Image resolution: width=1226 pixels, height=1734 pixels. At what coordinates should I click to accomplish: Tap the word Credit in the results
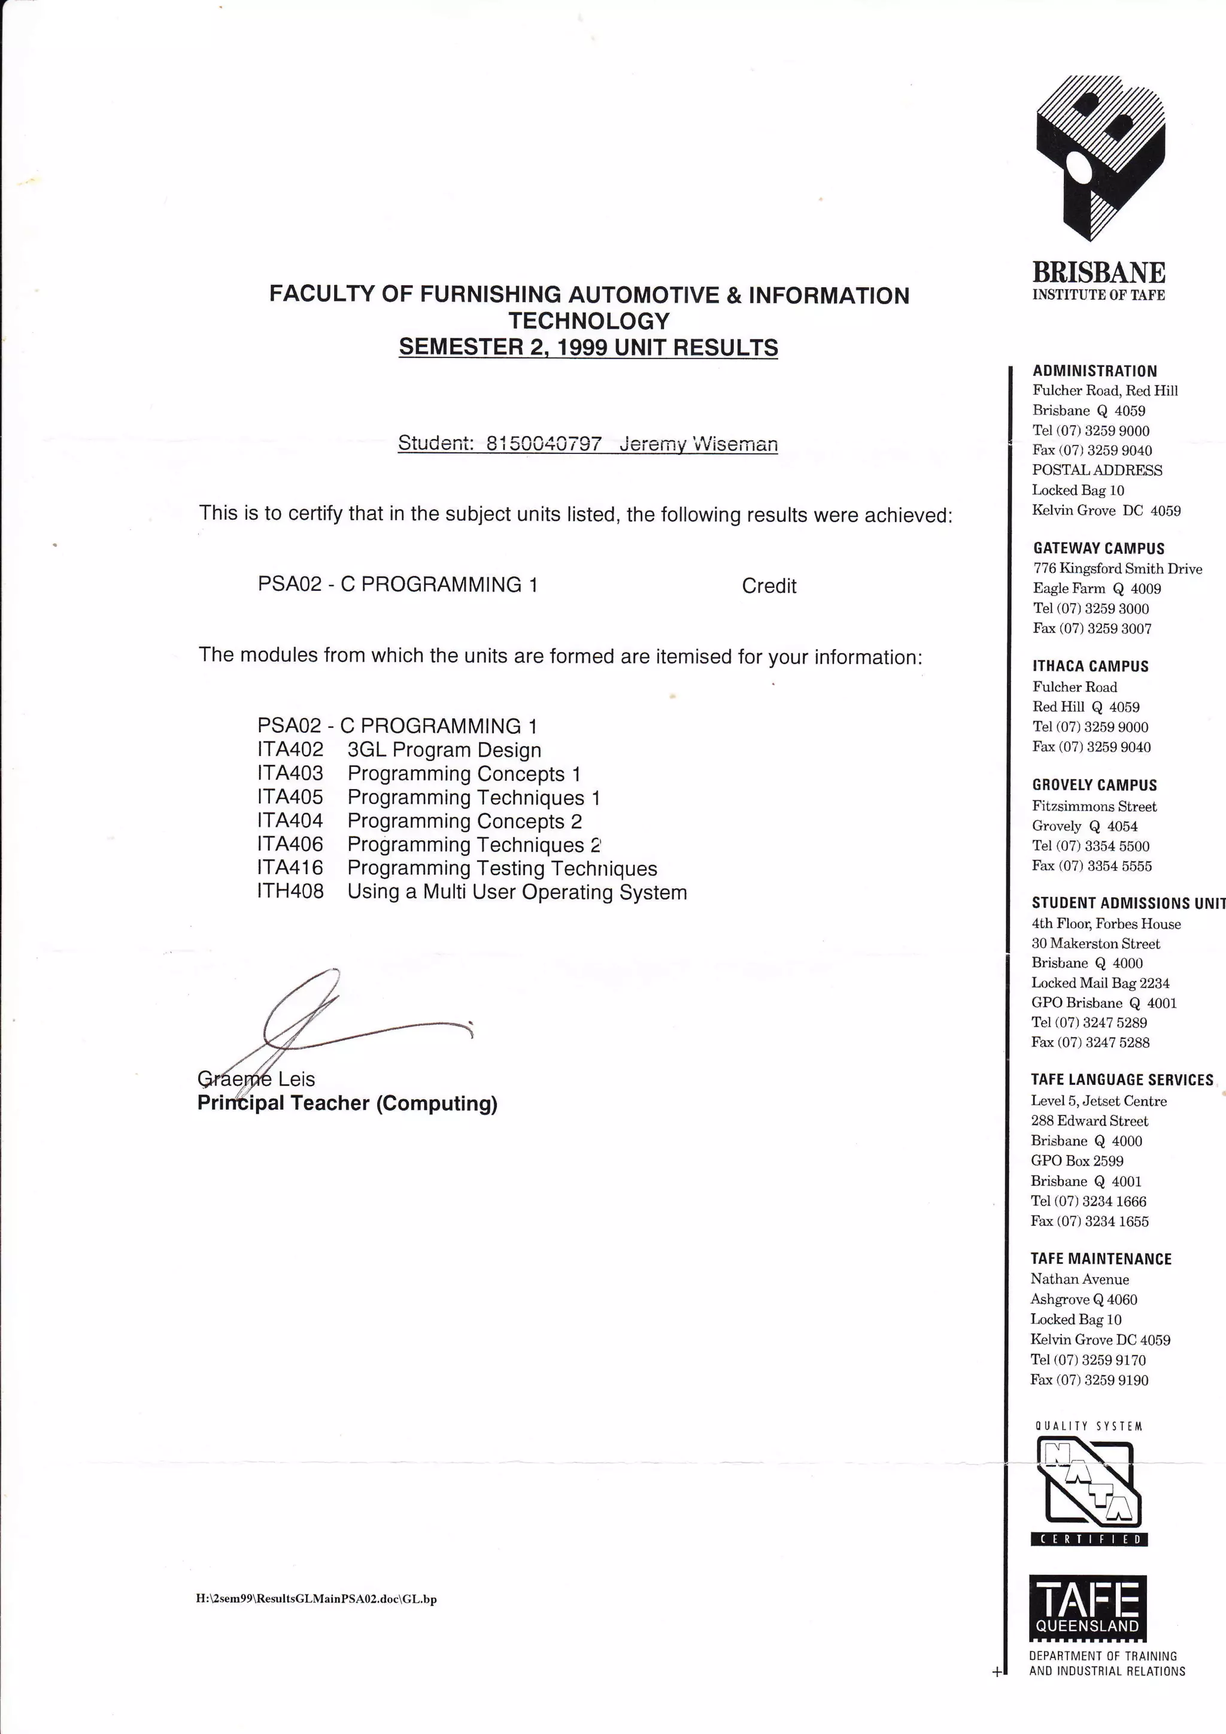pos(769,586)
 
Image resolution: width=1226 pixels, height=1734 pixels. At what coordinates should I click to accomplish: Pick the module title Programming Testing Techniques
pos(502,869)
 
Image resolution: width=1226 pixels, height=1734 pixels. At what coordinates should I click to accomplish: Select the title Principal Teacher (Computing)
pos(347,1104)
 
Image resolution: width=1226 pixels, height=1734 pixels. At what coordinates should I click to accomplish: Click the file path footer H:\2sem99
pos(316,1598)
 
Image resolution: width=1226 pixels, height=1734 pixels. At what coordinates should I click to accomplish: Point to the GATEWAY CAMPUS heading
pos(1098,549)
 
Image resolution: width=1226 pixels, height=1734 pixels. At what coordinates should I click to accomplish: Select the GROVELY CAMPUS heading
pos(1094,786)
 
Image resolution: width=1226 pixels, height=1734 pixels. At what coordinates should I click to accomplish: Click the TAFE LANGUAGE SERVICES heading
pos(1122,1080)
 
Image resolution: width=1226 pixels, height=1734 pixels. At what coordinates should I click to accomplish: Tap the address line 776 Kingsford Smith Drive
pos(1117,569)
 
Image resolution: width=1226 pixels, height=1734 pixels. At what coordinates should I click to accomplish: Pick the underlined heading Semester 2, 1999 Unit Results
pos(588,347)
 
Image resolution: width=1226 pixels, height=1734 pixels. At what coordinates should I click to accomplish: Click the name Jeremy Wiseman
pos(699,444)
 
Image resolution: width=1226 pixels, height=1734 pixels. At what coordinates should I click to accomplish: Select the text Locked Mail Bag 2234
pos(1100,983)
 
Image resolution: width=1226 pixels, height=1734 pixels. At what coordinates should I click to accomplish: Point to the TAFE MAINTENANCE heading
pos(1101,1259)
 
